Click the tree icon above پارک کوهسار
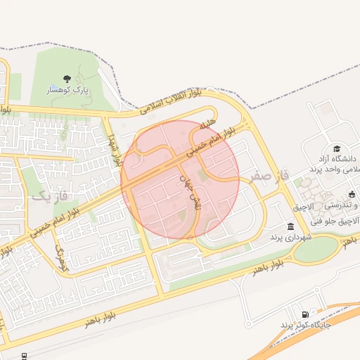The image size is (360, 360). [67, 79]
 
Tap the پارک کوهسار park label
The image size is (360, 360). [68, 91]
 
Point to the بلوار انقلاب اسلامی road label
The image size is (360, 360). [170, 101]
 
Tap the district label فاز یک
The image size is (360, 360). [51, 197]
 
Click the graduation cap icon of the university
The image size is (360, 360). [337, 149]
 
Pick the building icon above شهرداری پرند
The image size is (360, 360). [290, 226]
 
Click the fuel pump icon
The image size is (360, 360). [304, 314]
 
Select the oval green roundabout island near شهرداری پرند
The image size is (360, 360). [315, 247]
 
